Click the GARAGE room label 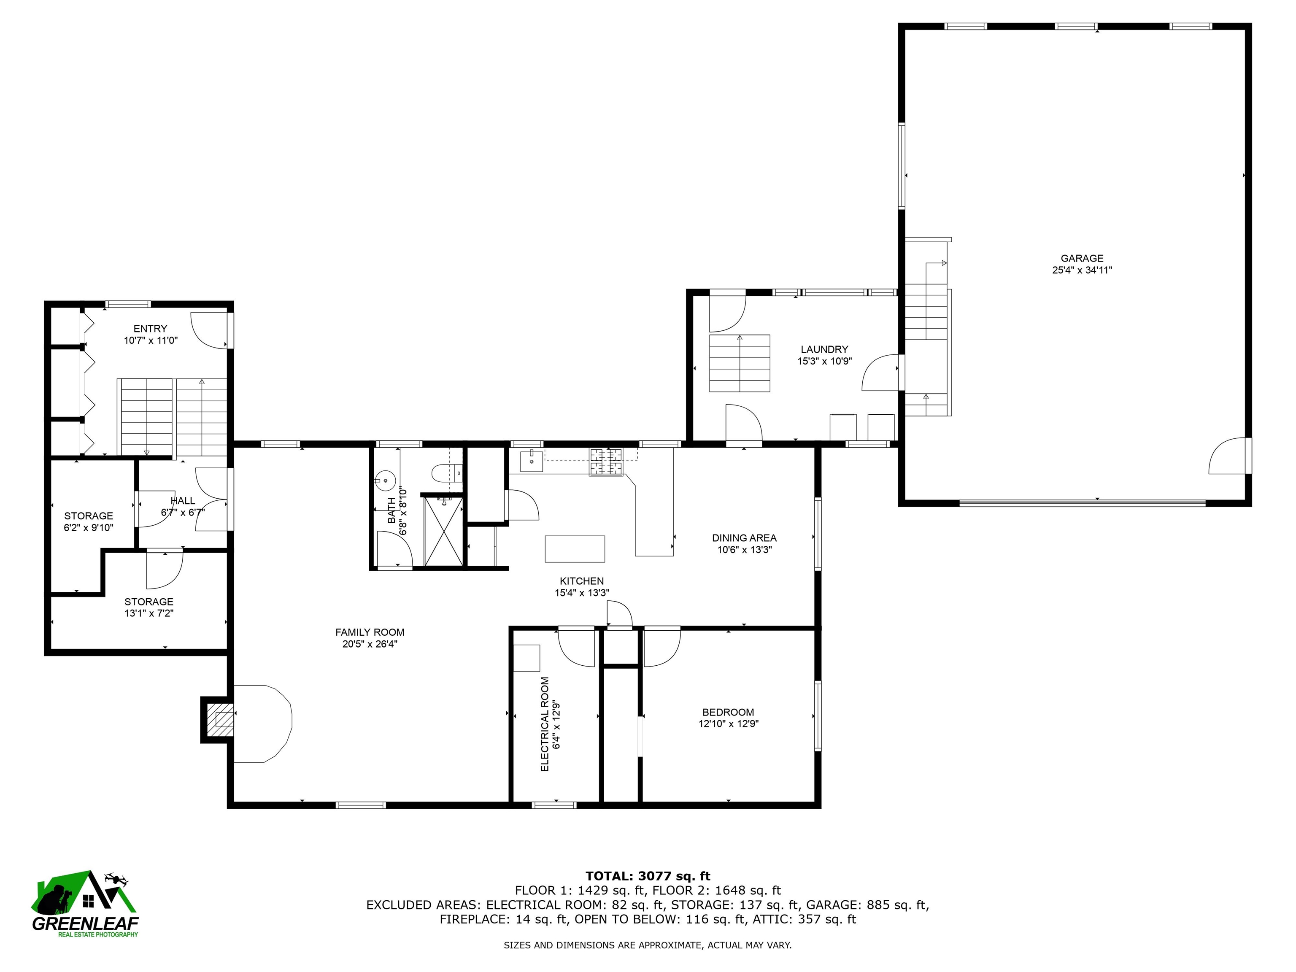point(1082,258)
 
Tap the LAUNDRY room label point(824,350)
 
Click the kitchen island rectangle point(575,549)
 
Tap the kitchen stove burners point(606,462)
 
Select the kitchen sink point(532,461)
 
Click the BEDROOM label point(728,713)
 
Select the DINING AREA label point(744,538)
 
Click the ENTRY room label point(150,329)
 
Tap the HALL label point(183,501)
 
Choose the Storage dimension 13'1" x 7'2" point(149,613)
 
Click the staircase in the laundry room point(740,363)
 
